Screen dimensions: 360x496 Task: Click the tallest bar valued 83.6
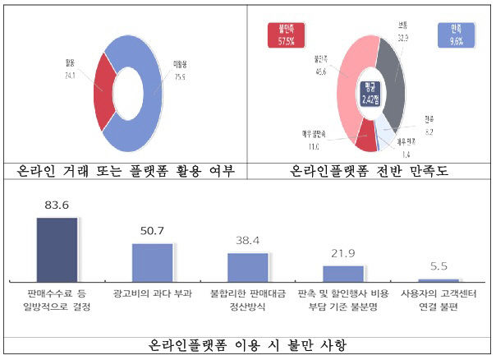[57, 250]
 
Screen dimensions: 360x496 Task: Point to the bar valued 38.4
[248, 268]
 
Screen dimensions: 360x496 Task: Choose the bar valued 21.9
[343, 274]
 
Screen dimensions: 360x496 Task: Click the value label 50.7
[153, 233]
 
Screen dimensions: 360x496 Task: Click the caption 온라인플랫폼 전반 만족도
[369, 172]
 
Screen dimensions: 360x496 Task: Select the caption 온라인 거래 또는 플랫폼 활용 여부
[125, 172]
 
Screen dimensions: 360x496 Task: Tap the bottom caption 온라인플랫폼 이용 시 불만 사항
[247, 345]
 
